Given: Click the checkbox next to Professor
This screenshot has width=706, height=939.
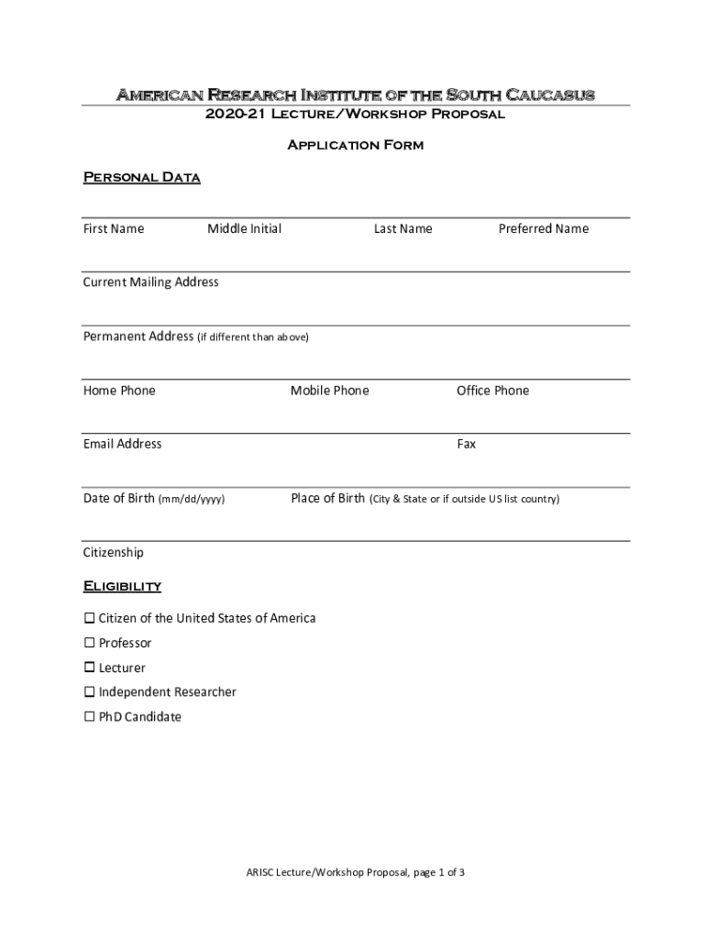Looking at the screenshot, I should pyautogui.click(x=90, y=643).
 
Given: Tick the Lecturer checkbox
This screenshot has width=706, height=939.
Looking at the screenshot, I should pyautogui.click(x=90, y=668).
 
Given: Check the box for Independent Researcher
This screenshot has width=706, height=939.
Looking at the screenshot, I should pyautogui.click(x=90, y=692).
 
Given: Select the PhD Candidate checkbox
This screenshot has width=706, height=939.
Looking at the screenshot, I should pyautogui.click(x=90, y=717).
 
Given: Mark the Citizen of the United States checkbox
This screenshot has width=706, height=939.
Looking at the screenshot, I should pyautogui.click(x=90, y=618).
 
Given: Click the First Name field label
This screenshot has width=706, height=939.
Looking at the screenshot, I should pyautogui.click(x=114, y=229).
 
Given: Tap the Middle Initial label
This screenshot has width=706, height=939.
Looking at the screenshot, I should pyautogui.click(x=244, y=229).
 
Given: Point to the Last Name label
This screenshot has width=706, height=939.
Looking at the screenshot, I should pyautogui.click(x=403, y=229).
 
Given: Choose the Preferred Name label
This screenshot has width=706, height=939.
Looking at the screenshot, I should pyautogui.click(x=544, y=229).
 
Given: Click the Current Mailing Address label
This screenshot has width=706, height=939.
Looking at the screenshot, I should pyautogui.click(x=151, y=282).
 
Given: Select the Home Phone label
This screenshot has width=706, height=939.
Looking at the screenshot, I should pyautogui.click(x=119, y=391).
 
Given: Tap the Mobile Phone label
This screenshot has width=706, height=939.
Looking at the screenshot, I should pyautogui.click(x=330, y=391).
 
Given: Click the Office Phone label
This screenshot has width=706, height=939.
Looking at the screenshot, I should pyautogui.click(x=493, y=391).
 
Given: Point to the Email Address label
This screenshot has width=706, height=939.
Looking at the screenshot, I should pyautogui.click(x=122, y=444).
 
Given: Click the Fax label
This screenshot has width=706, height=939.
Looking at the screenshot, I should pyautogui.click(x=467, y=445).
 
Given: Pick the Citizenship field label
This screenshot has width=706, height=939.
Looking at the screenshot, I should pyautogui.click(x=114, y=553).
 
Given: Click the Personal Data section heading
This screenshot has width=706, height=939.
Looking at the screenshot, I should pyautogui.click(x=141, y=177).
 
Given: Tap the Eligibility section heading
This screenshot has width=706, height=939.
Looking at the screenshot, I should pyautogui.click(x=122, y=586).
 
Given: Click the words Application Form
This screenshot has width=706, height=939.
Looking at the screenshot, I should pyautogui.click(x=356, y=145).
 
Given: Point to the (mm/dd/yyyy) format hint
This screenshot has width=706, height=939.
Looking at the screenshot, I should pyautogui.click(x=192, y=500).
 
